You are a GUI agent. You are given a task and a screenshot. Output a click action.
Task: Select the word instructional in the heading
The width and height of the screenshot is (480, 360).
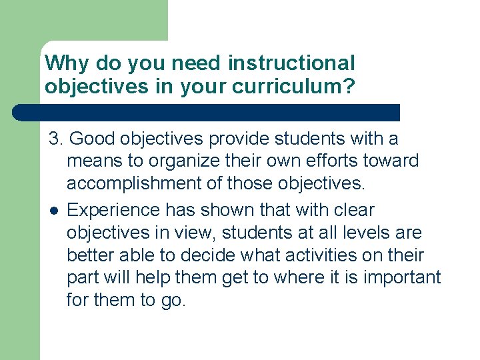click(x=291, y=63)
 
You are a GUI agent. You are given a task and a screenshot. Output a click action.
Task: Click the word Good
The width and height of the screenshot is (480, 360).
click(x=91, y=138)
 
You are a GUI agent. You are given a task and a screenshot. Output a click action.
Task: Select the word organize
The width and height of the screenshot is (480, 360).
click(x=185, y=161)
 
